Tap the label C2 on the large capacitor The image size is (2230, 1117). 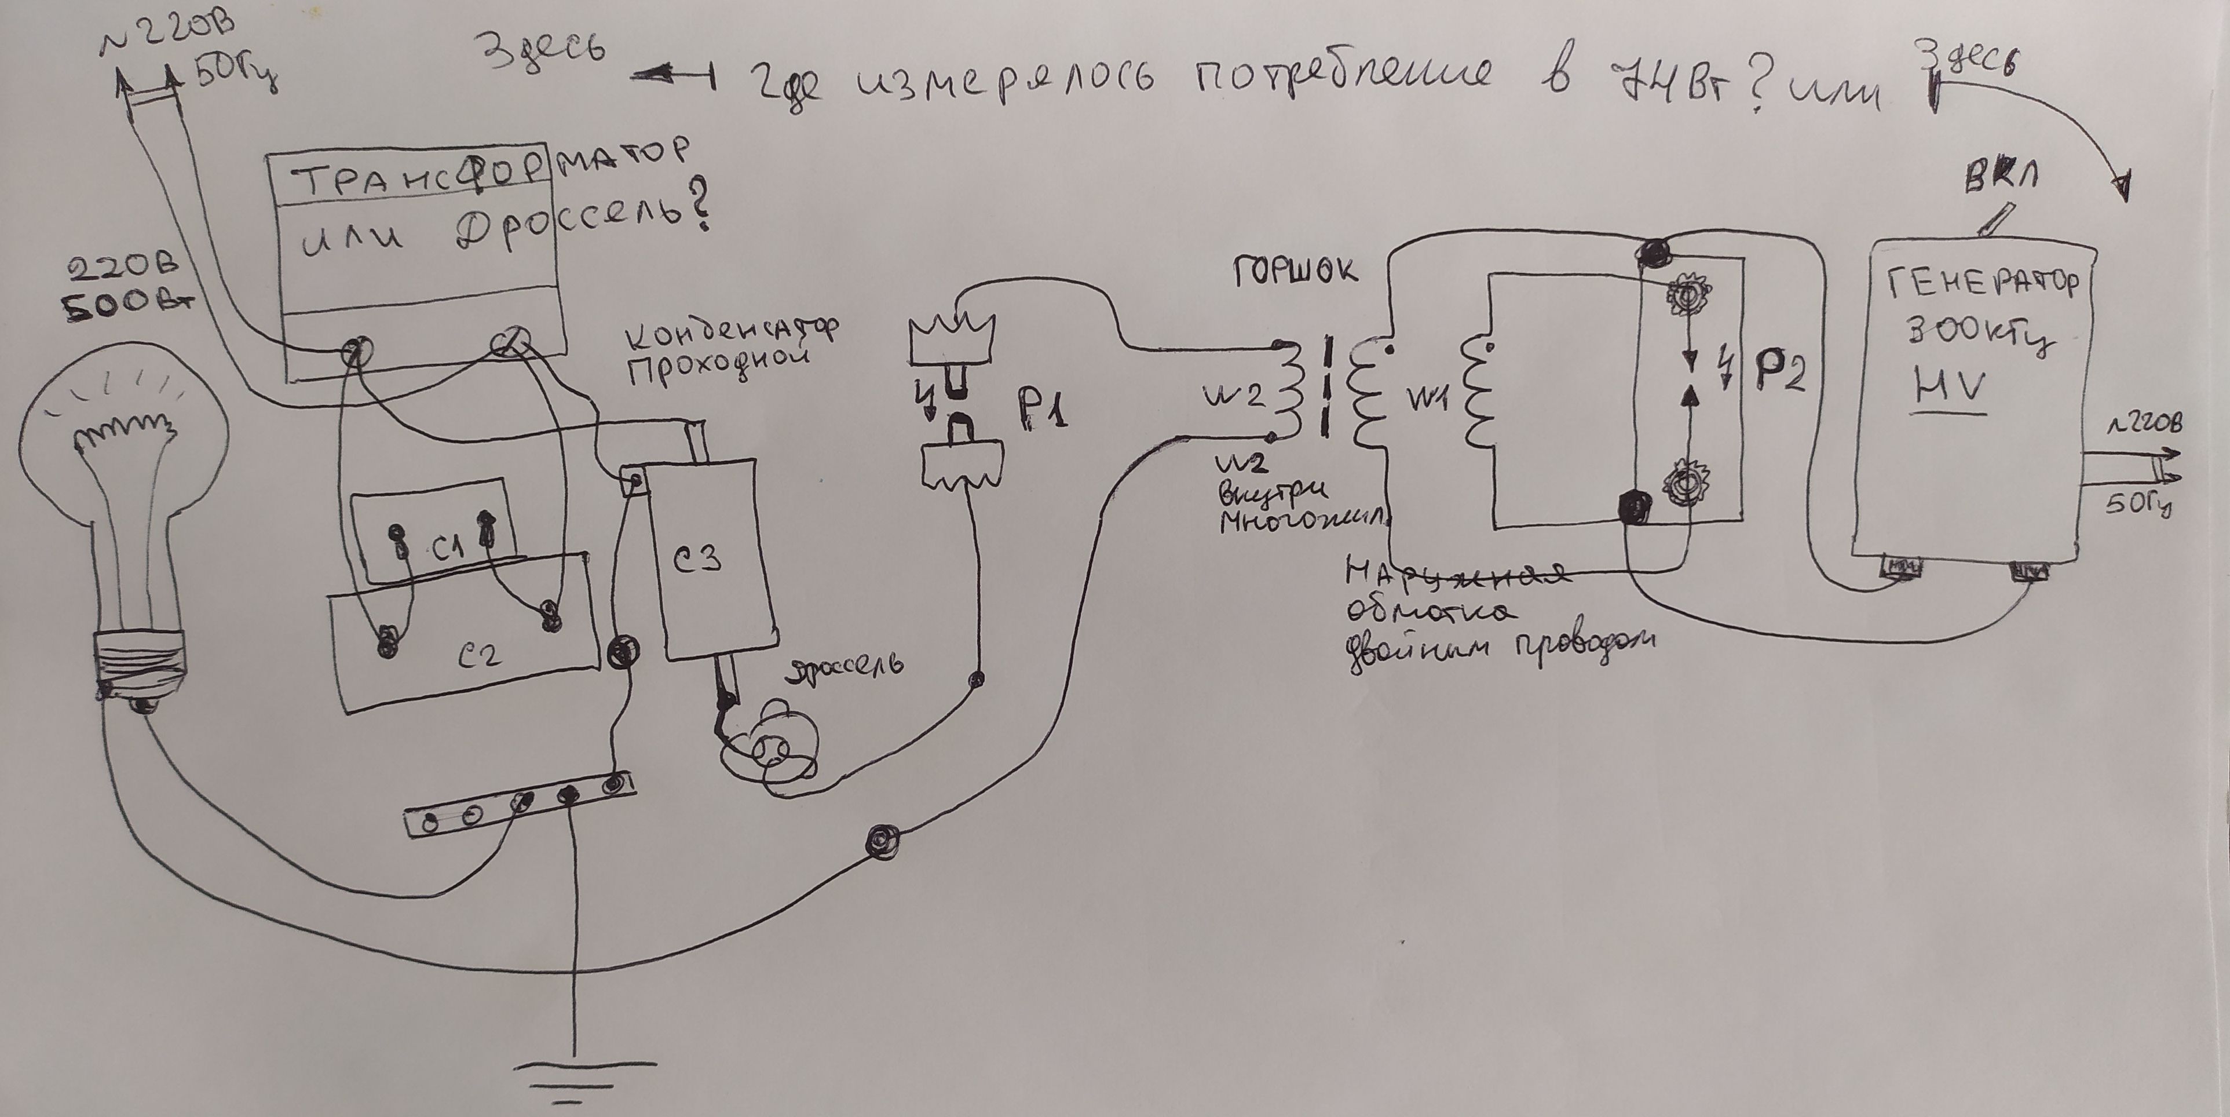[478, 657]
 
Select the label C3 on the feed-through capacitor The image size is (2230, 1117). [698, 560]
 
